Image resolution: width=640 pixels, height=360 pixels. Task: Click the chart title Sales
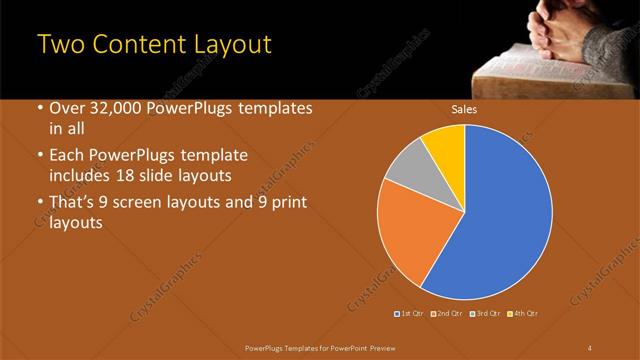click(x=464, y=110)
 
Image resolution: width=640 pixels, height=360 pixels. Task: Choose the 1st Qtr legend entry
click(x=409, y=314)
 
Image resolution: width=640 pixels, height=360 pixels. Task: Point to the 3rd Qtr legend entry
click(x=486, y=314)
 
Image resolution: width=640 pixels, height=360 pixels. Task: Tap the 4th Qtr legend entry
click(x=523, y=314)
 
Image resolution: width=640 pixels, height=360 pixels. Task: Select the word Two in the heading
click(x=60, y=45)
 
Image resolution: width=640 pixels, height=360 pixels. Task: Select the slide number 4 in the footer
click(x=590, y=346)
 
